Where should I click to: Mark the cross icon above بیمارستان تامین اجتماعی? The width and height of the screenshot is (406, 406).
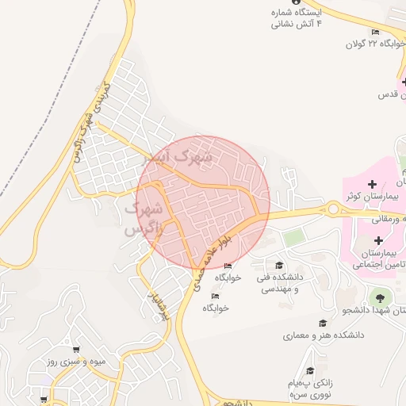(x=377, y=239)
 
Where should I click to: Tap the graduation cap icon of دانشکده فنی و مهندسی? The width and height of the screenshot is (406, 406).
(x=278, y=265)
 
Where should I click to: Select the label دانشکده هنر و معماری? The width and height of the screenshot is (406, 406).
(x=324, y=335)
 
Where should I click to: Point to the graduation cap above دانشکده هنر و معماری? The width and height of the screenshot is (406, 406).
(x=323, y=323)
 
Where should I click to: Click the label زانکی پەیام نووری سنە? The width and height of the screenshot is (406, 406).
(x=310, y=388)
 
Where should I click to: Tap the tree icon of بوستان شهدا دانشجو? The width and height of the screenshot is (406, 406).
(x=378, y=297)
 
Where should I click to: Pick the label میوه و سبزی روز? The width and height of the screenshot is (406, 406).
(x=75, y=362)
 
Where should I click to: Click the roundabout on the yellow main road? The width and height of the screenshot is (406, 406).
(x=333, y=209)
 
